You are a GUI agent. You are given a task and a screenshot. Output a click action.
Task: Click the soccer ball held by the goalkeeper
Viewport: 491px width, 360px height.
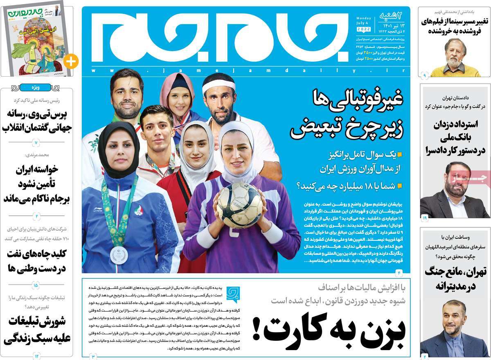239,205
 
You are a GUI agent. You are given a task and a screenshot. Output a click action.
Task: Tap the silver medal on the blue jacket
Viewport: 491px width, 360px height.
121,255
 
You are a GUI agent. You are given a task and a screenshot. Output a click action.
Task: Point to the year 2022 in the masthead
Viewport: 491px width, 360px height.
364,30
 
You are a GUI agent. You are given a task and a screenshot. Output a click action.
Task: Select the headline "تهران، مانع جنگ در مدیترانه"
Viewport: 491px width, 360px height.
454,278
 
